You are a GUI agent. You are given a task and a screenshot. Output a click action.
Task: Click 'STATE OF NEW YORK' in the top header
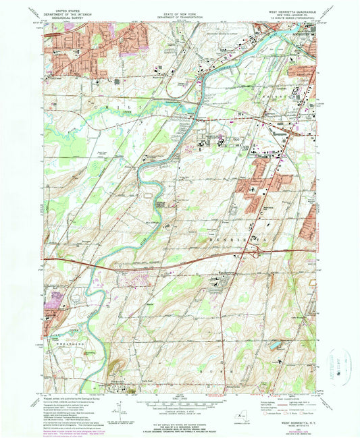pyautogui.click(x=180, y=8)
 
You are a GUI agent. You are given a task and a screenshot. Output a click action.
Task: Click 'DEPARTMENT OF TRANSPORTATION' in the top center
pyautogui.click(x=180, y=15)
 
